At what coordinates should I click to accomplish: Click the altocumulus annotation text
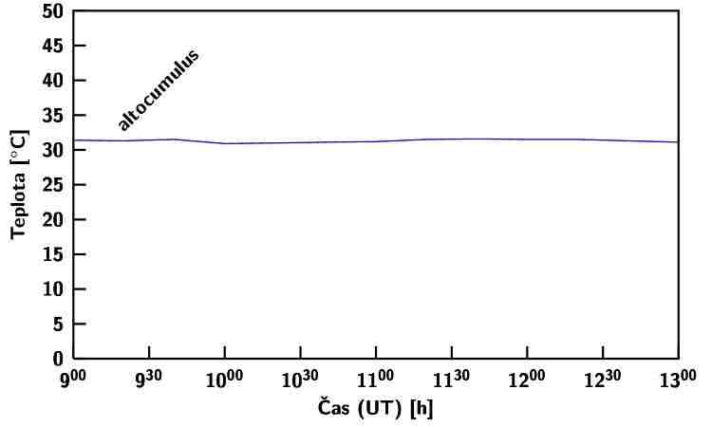pyautogui.click(x=159, y=88)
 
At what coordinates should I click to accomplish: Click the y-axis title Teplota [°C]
pyautogui.click(x=18, y=185)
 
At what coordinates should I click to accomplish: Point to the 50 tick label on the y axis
pyautogui.click(x=53, y=11)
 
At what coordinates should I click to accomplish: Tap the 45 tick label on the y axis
pyautogui.click(x=53, y=46)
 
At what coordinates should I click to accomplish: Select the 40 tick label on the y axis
pyautogui.click(x=53, y=81)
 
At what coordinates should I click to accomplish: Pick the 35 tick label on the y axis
pyautogui.click(x=53, y=116)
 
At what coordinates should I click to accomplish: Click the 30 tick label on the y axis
pyautogui.click(x=53, y=150)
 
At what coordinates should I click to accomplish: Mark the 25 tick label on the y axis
pyautogui.click(x=53, y=185)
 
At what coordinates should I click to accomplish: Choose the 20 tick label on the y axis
pyautogui.click(x=53, y=219)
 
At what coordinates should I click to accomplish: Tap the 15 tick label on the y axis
pyautogui.click(x=53, y=254)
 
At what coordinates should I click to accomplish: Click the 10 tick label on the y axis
pyautogui.click(x=53, y=289)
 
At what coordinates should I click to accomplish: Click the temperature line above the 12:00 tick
pyautogui.click(x=527, y=139)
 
